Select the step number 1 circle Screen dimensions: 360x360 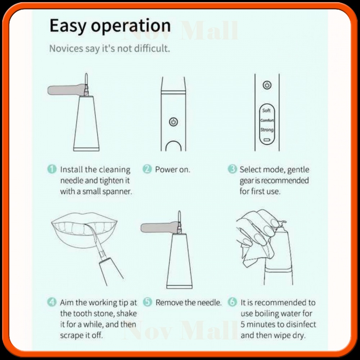coord(52,169)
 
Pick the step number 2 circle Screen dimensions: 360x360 coord(147,169)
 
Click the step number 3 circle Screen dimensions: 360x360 coord(232,169)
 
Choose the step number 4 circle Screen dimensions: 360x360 coord(51,302)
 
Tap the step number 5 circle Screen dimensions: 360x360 coord(147,302)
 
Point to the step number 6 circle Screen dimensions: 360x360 coord(232,302)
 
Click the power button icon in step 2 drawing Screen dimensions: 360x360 coord(174,122)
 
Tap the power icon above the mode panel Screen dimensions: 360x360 coord(267,85)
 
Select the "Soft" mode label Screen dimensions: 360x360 coord(266,111)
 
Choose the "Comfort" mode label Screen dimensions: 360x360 coord(267,120)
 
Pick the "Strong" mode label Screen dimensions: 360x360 coord(267,130)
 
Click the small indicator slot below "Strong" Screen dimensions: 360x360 coord(267,140)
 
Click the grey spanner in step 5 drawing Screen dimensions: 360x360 coord(159,228)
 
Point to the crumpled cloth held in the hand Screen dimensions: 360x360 coord(253,253)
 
